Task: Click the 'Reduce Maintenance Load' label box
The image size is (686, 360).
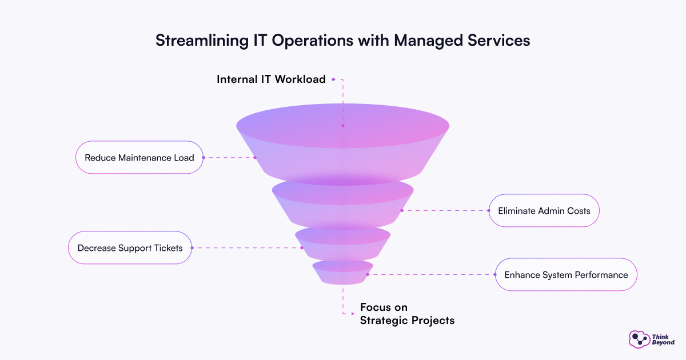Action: coord(139,158)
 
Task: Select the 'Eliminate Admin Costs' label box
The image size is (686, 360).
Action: coord(544,210)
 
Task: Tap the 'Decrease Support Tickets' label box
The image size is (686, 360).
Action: coord(130,248)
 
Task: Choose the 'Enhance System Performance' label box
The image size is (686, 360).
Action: coord(566,275)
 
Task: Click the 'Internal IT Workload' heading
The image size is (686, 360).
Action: coord(271,79)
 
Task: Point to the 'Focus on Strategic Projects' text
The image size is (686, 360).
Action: coord(406,314)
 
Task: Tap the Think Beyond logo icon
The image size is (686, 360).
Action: coord(639,339)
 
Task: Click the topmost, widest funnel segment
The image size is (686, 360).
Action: coord(342,143)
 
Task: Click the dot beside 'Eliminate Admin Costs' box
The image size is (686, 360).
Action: coord(489,210)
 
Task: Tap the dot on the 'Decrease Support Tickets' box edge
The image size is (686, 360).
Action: coord(192,248)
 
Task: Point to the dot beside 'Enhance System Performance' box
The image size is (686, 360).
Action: coord(495,275)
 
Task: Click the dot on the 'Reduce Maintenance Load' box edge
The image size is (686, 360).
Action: coord(204,158)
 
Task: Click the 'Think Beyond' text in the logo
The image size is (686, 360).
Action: coord(663,339)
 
